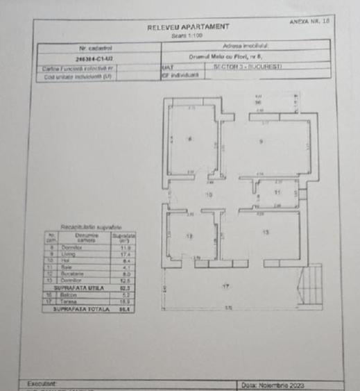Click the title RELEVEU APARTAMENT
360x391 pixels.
tap(187, 27)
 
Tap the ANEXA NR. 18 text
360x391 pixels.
tap(311, 22)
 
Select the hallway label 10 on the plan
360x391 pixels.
tap(208, 195)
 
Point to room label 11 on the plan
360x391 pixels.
tap(277, 192)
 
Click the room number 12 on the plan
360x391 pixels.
tap(189, 236)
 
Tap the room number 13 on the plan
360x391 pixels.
tap(266, 232)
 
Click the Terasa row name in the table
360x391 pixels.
tap(68, 302)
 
